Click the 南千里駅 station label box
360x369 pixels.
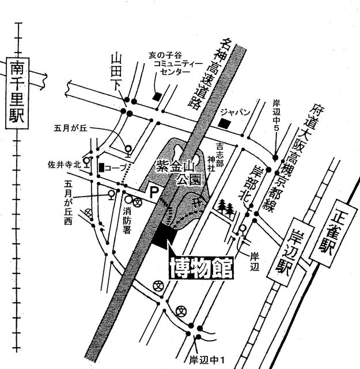pos(17,93)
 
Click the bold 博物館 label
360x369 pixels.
pos(202,268)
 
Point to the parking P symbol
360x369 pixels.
pos(154,192)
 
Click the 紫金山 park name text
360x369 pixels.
pos(175,167)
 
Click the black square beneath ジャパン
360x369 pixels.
pos(224,123)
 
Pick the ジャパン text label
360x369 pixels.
pos(234,112)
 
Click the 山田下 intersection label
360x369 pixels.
pos(116,71)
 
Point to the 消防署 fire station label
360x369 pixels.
pos(127,220)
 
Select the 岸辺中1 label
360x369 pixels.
pos(207,360)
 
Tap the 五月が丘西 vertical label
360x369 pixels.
pos(68,202)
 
